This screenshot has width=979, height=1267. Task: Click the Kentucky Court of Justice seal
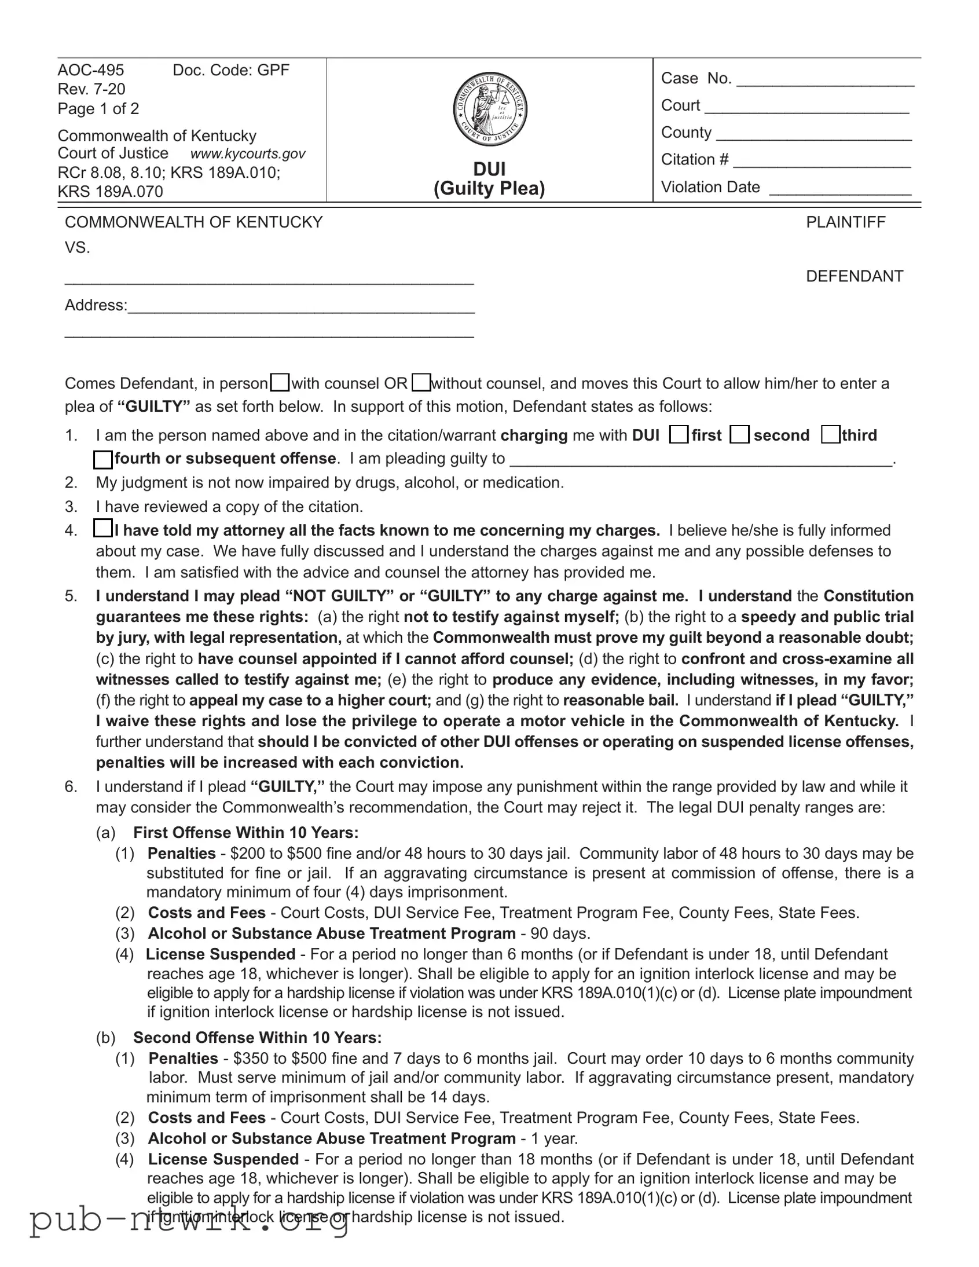point(490,110)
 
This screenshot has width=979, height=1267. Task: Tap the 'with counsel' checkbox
point(281,383)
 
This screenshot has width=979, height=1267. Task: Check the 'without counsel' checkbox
point(421,383)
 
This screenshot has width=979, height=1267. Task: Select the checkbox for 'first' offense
point(679,434)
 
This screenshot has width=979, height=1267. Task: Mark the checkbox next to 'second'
point(739,434)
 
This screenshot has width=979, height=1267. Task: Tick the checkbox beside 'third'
point(831,434)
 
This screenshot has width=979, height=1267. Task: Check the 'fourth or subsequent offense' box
point(102,459)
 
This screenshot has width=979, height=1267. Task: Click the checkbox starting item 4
point(102,529)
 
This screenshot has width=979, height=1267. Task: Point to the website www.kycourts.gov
point(248,153)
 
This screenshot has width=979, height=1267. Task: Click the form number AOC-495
point(91,70)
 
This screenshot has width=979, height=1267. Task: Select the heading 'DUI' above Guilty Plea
point(490,169)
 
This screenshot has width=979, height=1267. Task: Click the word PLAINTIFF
point(845,222)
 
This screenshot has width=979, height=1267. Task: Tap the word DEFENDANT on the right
point(855,276)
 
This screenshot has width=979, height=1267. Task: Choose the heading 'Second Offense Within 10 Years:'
point(258,1037)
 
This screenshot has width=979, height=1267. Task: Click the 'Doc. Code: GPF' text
point(231,70)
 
